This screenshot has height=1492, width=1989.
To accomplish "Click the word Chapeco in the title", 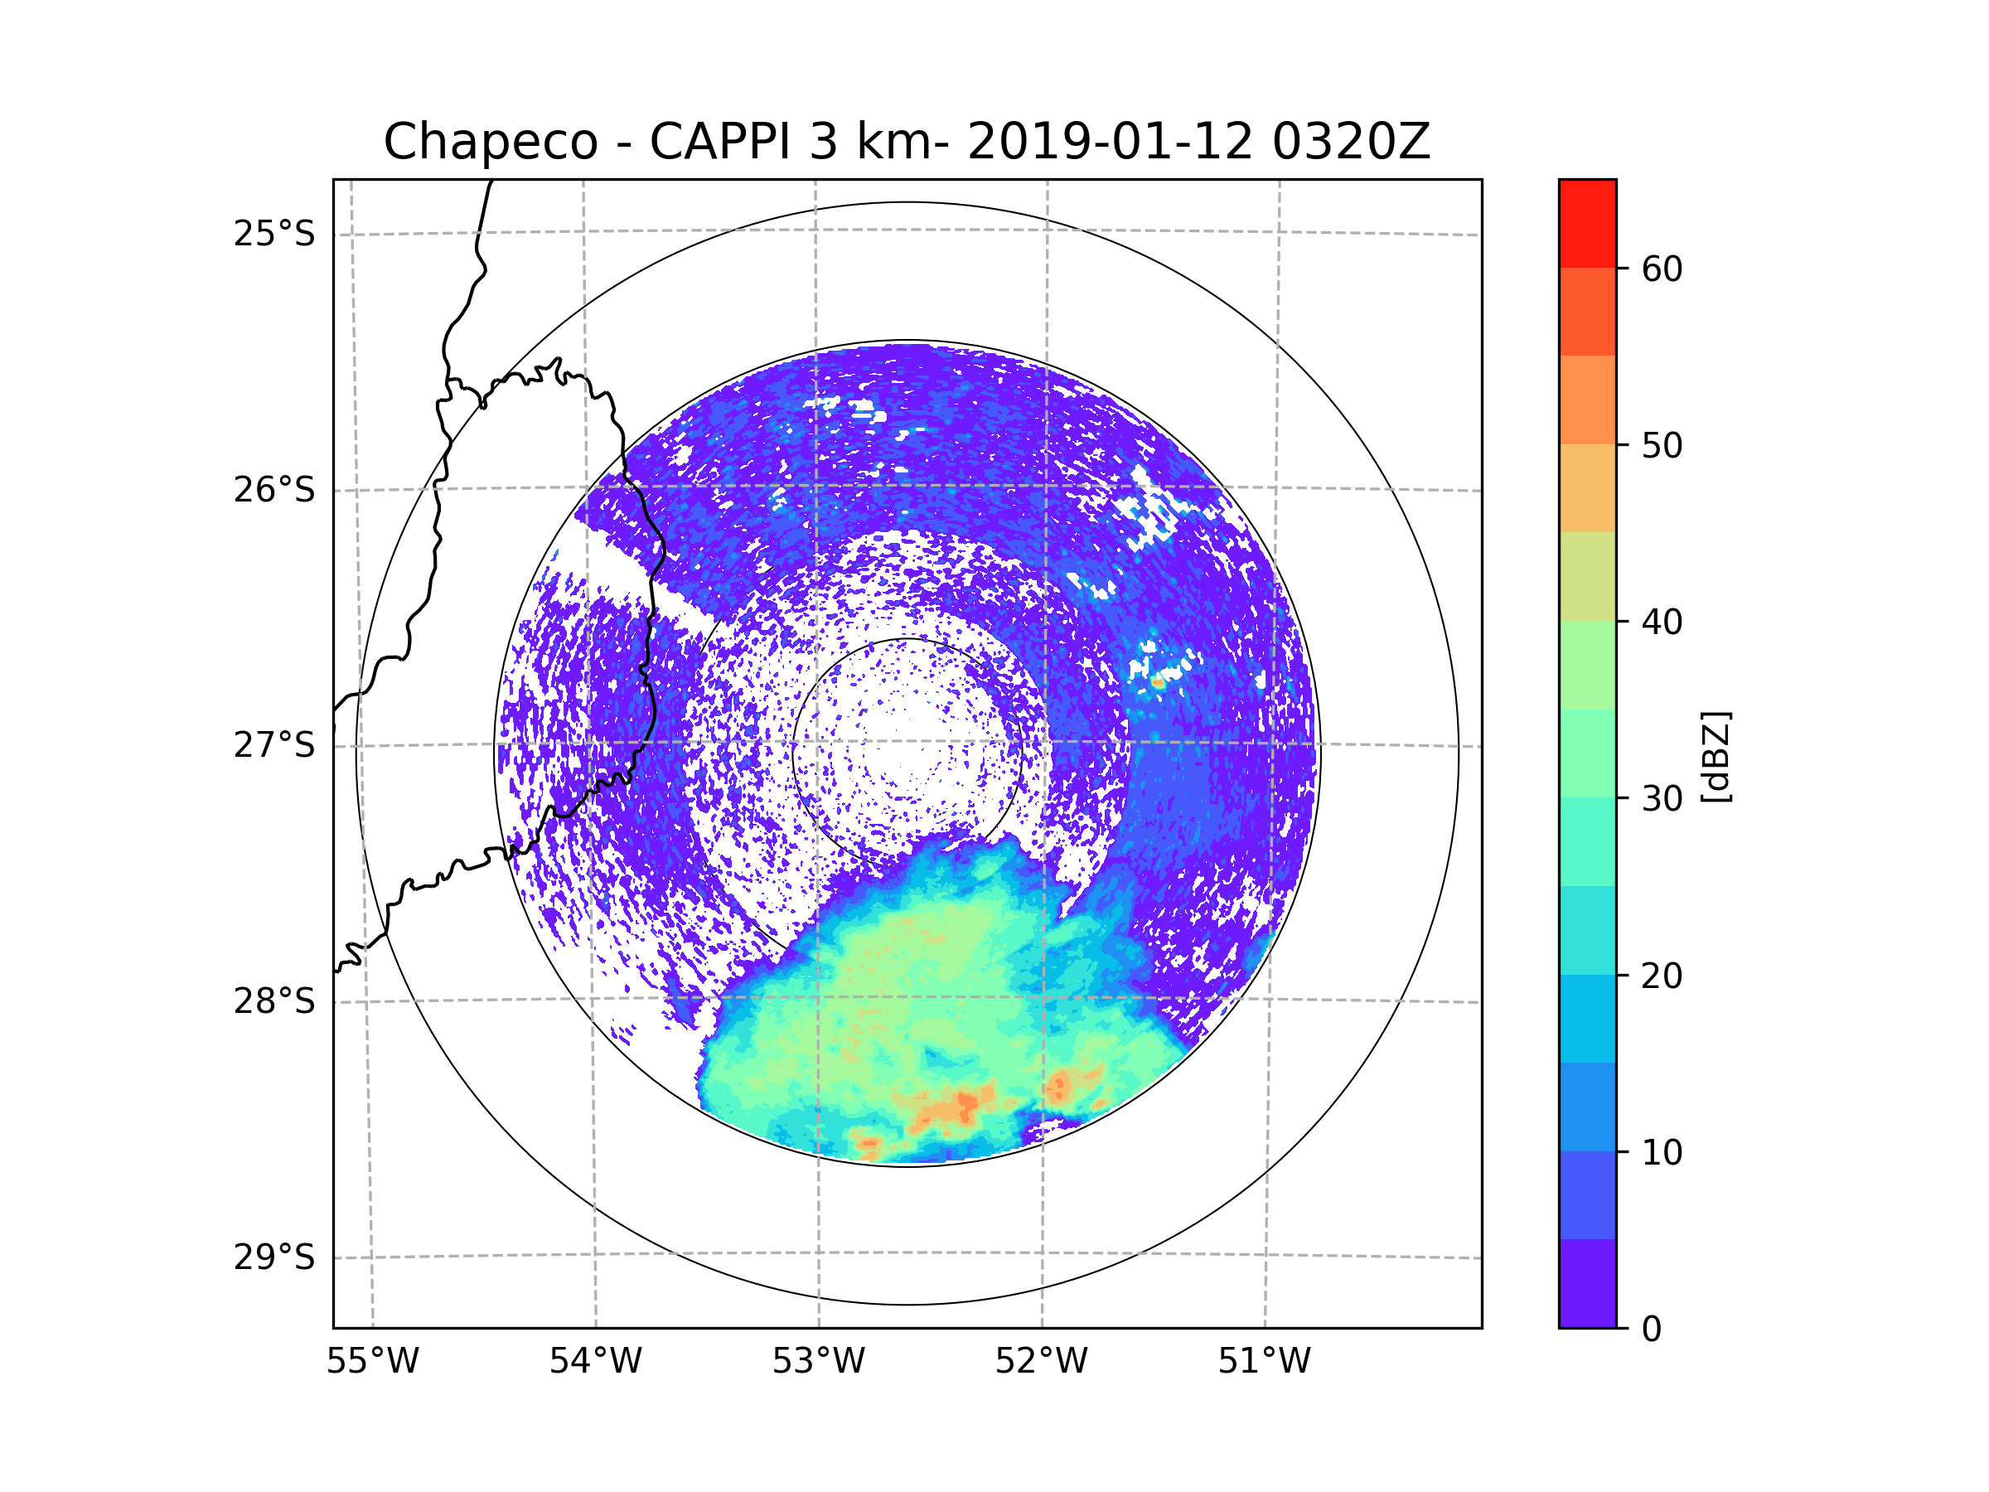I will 490,142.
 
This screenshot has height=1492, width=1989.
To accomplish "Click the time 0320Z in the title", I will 1351,142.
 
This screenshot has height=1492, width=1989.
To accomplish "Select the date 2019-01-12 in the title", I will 1110,142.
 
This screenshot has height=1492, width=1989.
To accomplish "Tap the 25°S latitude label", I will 274,234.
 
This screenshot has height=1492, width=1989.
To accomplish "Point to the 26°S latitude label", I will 274,490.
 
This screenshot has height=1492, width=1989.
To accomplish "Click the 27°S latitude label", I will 274,745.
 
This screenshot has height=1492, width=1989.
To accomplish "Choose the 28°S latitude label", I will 274,1001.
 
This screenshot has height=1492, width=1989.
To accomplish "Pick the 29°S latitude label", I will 274,1257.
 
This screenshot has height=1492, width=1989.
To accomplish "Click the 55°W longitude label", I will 372,1362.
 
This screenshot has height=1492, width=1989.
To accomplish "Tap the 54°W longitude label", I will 595,1362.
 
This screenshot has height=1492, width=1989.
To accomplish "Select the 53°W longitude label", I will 818,1362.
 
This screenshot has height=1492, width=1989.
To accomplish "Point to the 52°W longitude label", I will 1041,1362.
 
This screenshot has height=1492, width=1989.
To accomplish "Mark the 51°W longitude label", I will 1264,1362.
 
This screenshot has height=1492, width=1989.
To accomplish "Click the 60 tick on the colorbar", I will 1662,269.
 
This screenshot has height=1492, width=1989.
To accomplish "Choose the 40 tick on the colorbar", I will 1662,622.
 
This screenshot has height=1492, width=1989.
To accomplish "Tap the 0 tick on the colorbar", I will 1652,1330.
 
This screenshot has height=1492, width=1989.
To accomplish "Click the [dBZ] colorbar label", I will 1716,756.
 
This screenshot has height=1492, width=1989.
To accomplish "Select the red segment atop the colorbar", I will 1587,223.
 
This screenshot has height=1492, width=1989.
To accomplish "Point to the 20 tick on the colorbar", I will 1662,976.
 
